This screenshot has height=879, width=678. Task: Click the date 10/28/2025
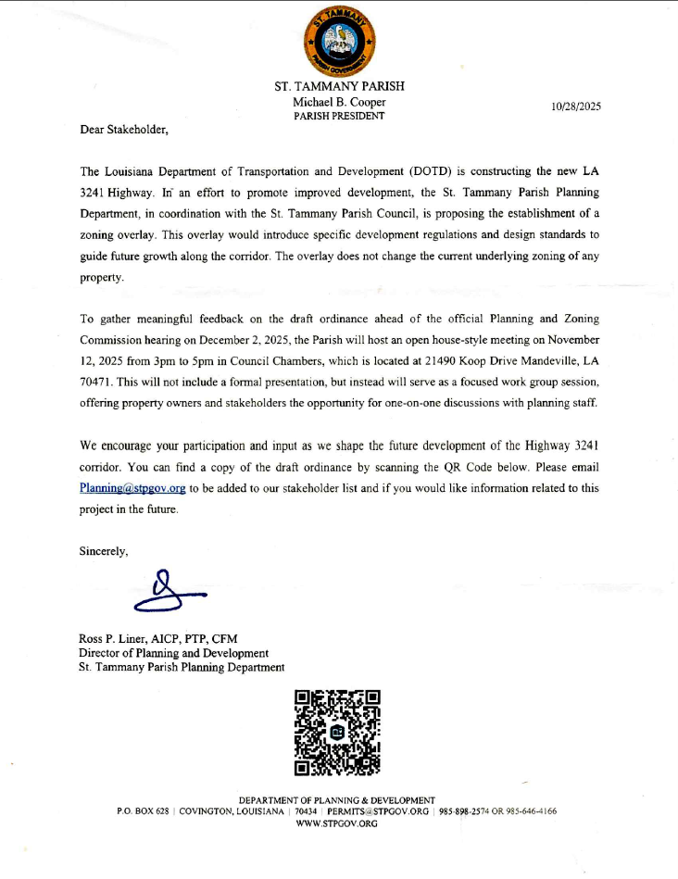coord(575,107)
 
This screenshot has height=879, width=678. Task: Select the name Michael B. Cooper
coord(339,102)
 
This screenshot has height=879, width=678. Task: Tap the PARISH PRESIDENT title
coord(339,116)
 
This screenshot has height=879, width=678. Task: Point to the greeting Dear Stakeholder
coord(124,130)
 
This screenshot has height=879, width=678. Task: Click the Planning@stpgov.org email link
coord(132,487)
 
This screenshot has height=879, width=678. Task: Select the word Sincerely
coord(104,551)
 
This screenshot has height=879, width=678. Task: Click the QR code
coord(338,732)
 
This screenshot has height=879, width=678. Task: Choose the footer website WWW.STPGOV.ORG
coord(336,822)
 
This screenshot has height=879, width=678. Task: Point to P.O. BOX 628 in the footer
coord(143,811)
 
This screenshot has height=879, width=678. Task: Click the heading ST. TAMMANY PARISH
coord(339,86)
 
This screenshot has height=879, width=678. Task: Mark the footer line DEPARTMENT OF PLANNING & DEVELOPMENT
coord(336,800)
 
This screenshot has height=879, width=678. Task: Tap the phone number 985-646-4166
coord(531,811)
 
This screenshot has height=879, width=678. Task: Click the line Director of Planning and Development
coord(174,653)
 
